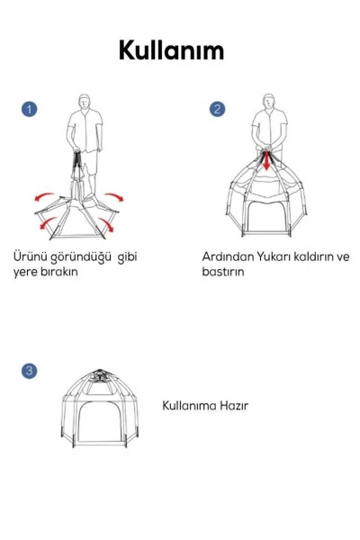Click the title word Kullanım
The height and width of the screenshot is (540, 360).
coord(171,52)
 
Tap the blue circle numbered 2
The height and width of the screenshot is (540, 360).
coord(217,109)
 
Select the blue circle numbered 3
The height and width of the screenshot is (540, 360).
coord(29,371)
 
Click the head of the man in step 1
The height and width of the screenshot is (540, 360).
coord(85,100)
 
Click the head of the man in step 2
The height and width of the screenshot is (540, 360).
coord(267,100)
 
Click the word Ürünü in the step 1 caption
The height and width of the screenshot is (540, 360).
coord(30,256)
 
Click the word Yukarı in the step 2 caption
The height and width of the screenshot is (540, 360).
coord(274,256)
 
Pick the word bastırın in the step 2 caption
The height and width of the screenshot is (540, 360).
coord(222,272)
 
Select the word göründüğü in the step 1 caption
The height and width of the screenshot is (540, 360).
coord(84,256)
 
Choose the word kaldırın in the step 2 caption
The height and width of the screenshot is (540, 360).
coord(316,256)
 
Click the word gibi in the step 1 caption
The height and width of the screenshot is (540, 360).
coord(129,256)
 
